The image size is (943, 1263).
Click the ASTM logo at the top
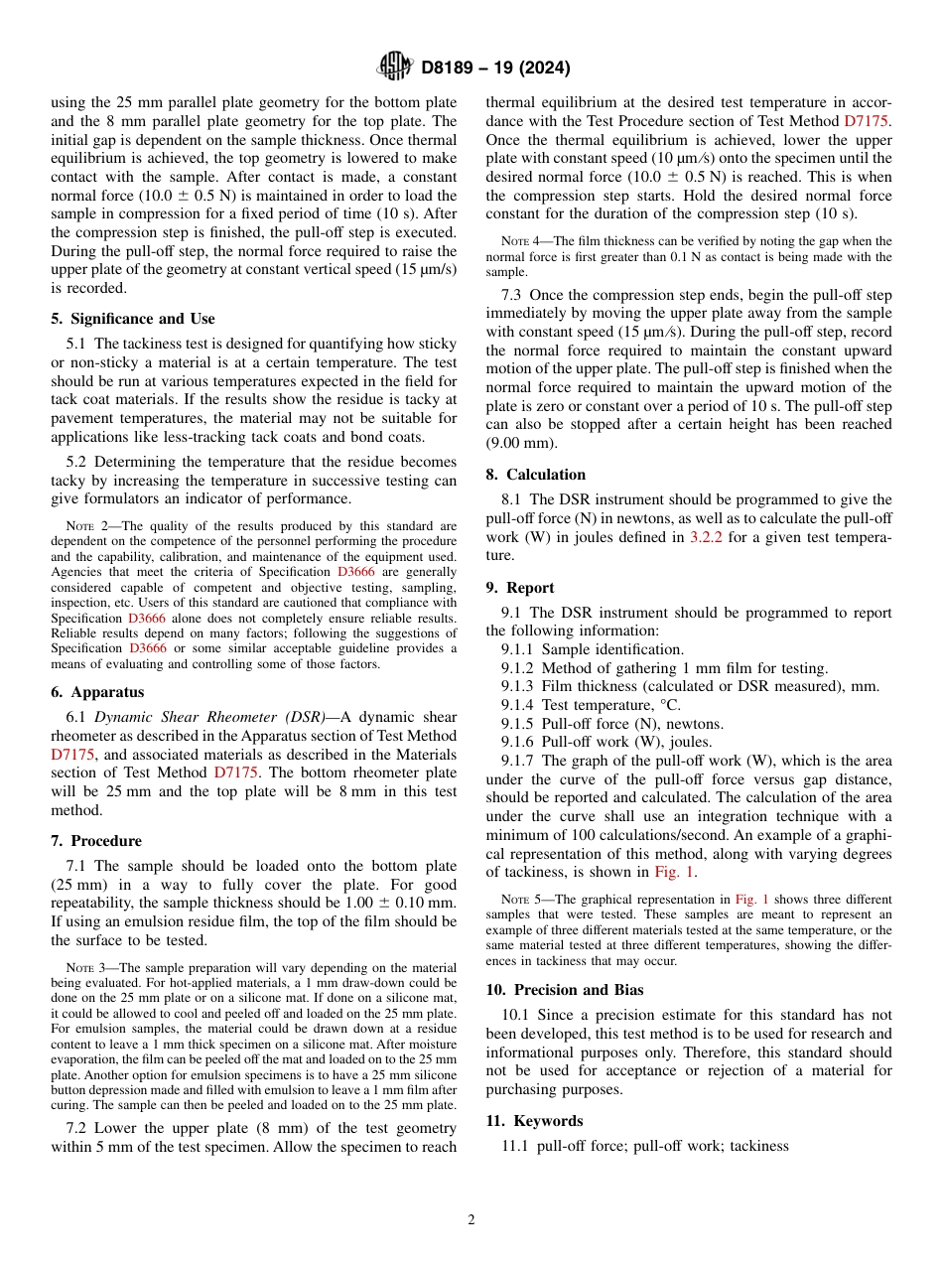point(393,68)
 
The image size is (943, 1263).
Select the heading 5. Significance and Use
point(132,319)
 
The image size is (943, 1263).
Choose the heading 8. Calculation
point(535,475)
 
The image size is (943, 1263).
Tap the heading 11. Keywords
point(534,1121)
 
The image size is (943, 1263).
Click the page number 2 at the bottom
point(471,1220)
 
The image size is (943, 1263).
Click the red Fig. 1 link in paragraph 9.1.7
point(675,872)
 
